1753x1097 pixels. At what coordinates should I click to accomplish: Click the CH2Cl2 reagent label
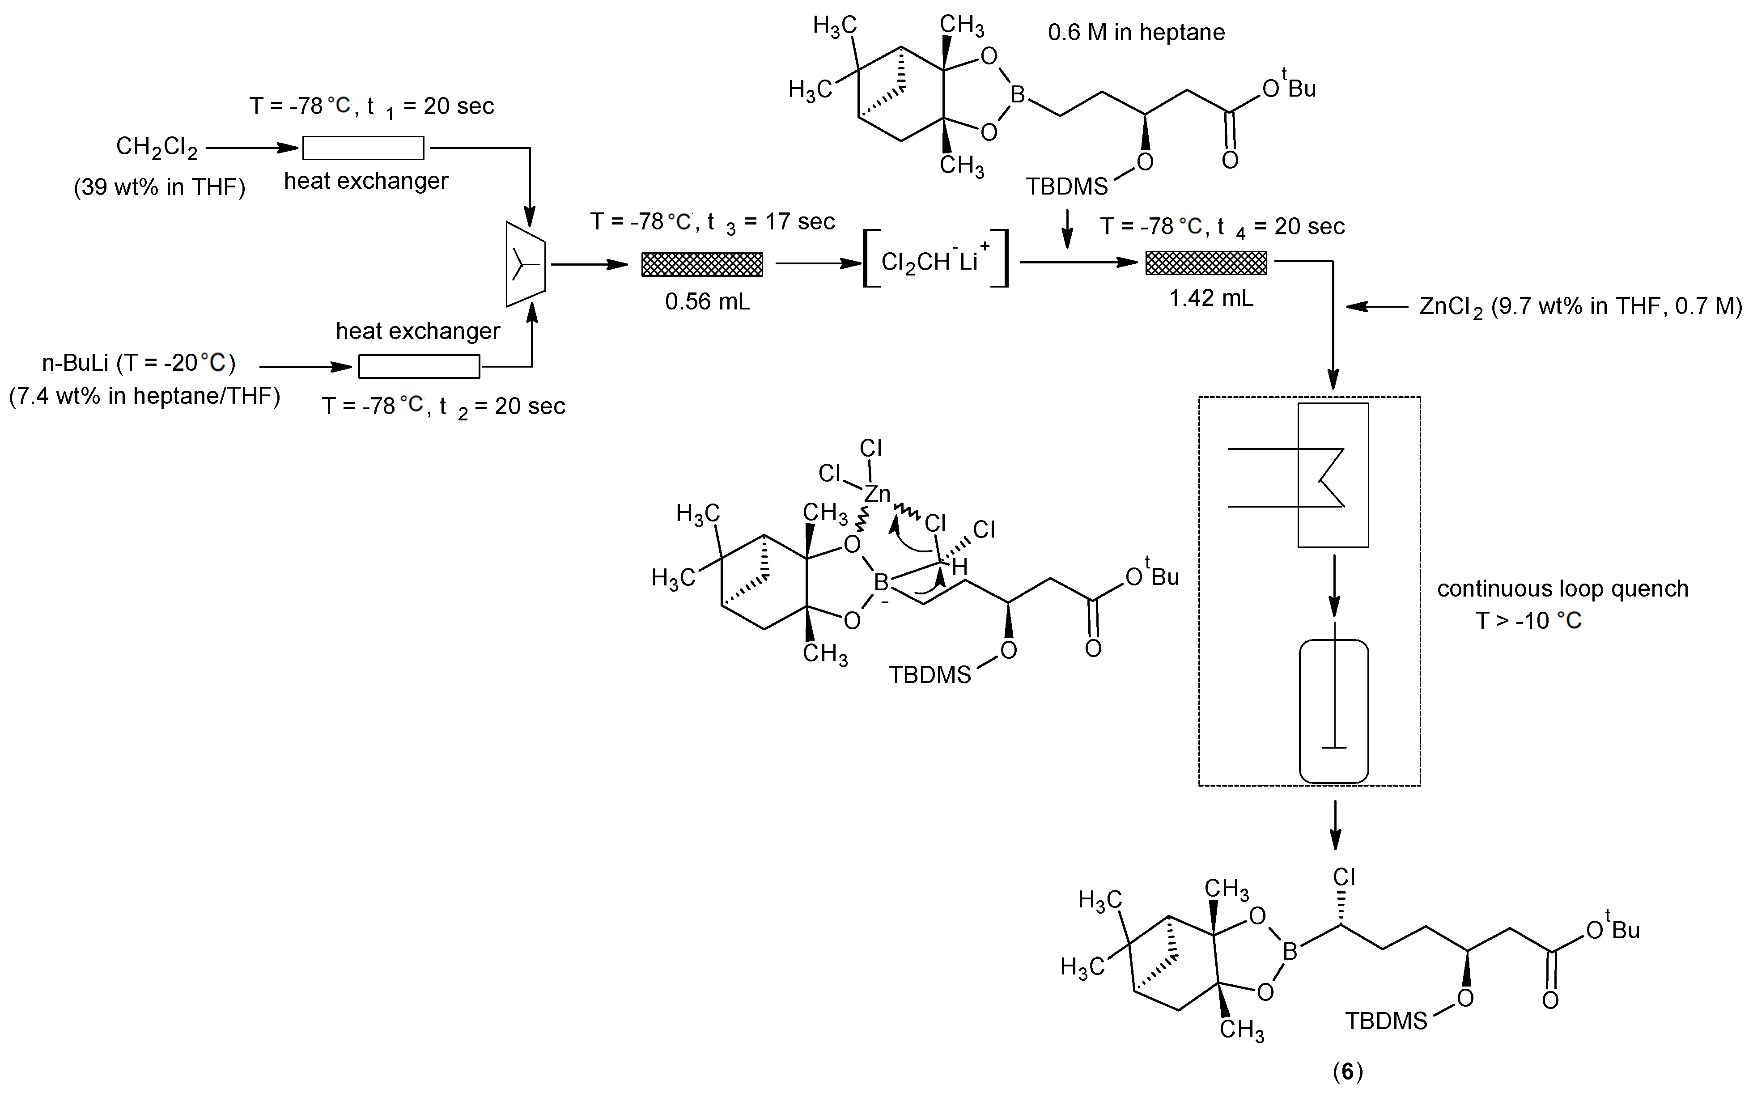tap(157, 147)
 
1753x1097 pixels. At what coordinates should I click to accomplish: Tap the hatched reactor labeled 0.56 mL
tap(702, 264)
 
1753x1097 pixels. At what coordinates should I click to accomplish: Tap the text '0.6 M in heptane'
tap(1136, 33)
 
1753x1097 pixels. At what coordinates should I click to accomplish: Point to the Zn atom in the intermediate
tap(877, 494)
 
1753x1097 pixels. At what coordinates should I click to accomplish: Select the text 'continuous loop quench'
tap(1562, 589)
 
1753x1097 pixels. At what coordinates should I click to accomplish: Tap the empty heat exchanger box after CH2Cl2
tap(363, 148)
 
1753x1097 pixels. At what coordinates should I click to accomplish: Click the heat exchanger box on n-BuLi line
tap(419, 366)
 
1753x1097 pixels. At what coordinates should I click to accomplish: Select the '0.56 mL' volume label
tap(708, 301)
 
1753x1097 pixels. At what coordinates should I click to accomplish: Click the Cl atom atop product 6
tap(1343, 877)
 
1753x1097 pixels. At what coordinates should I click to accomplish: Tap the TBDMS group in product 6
tap(1386, 1021)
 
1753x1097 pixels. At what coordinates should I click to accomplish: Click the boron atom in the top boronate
tap(1018, 94)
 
